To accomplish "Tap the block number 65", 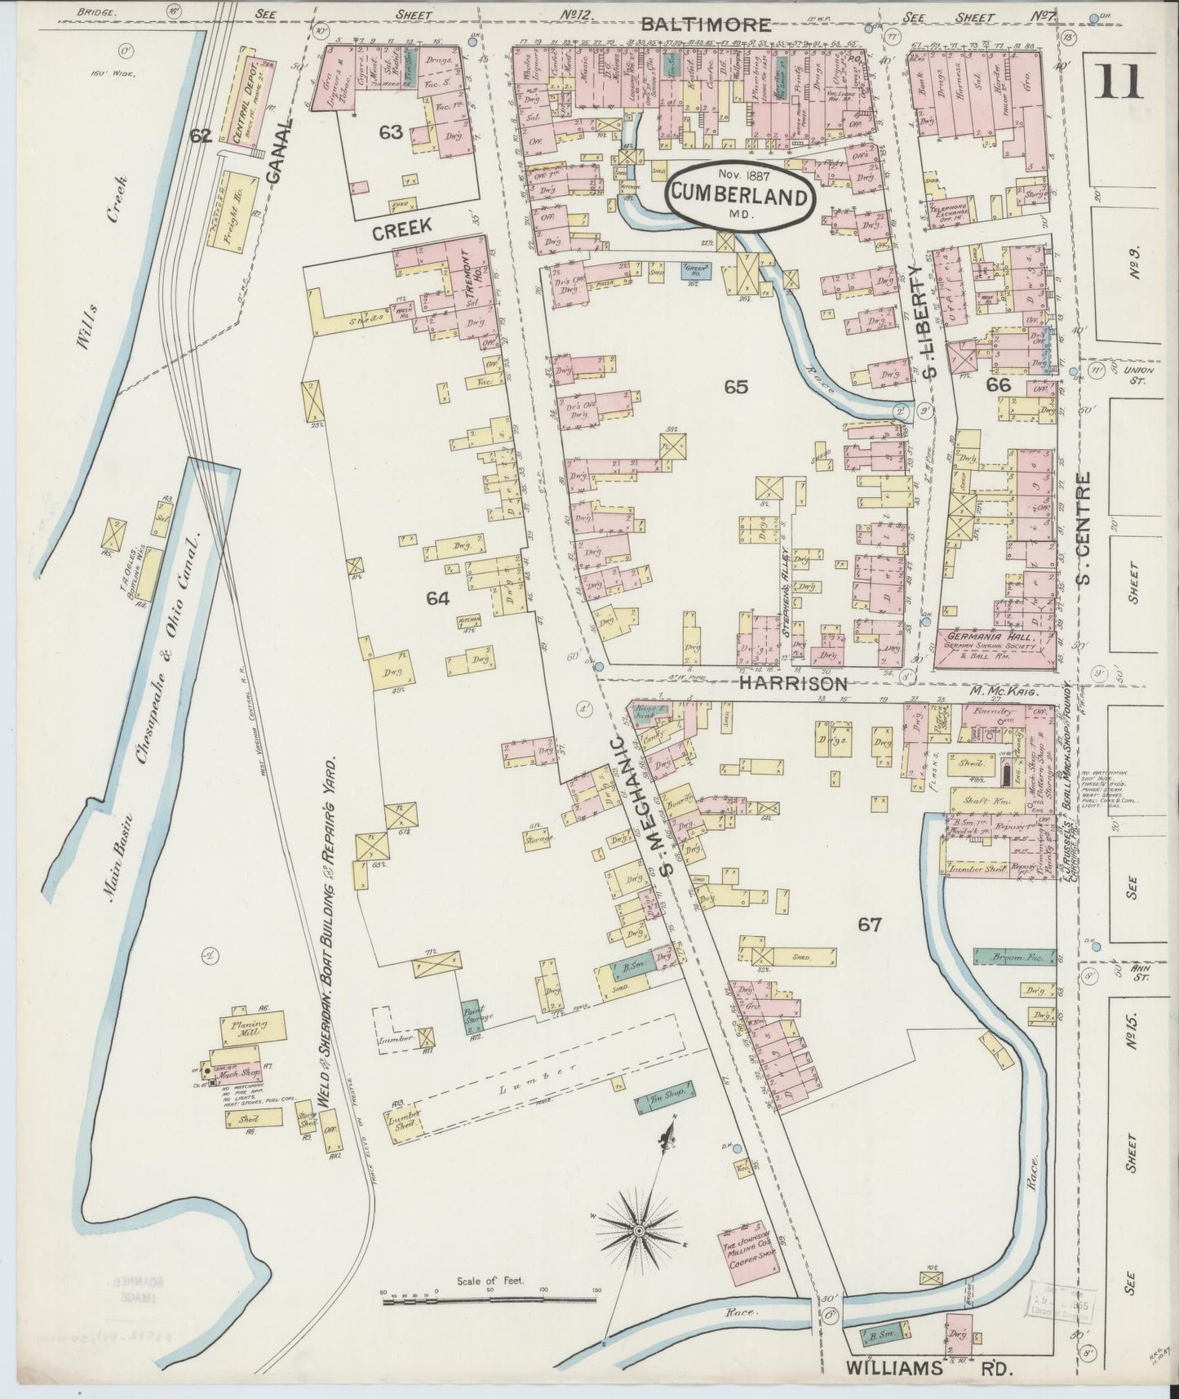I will click(735, 387).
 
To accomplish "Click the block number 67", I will click(870, 924).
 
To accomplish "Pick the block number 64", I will click(437, 599).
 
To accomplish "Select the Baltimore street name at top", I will click(705, 24).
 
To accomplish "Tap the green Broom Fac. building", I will click(1014, 956).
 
